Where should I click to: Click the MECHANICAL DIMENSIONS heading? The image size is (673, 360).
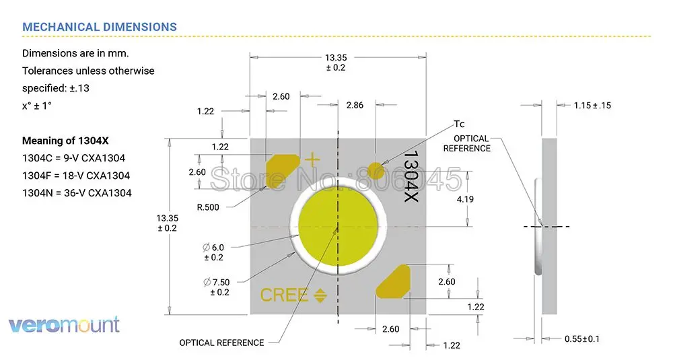100,27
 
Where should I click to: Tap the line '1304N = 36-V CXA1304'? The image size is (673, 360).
77,192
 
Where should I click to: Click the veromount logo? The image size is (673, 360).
64,325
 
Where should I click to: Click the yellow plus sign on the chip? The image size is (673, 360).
311,159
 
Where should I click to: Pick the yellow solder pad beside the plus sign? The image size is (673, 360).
281,170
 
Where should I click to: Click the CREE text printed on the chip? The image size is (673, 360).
284,295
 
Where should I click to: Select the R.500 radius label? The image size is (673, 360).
208,207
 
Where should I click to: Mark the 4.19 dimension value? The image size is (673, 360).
464,200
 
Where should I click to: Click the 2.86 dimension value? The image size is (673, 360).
354,106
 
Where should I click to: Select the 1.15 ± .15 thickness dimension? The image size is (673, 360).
592,106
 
